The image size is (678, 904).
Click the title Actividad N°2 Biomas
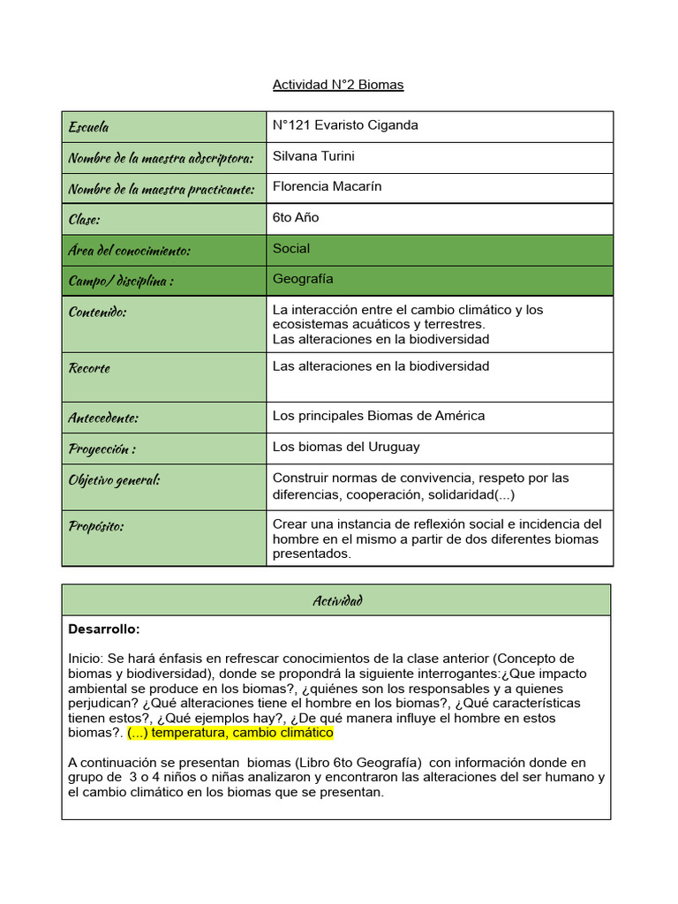(x=338, y=85)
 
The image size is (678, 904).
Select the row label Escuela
(x=89, y=127)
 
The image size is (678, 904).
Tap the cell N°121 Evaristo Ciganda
(x=345, y=125)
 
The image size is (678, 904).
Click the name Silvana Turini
(x=313, y=156)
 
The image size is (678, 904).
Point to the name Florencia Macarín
(x=327, y=186)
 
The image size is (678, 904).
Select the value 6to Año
(x=296, y=217)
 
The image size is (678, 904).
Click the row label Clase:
(x=85, y=219)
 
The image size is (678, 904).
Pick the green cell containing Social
(x=439, y=249)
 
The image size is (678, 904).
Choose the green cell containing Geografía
(x=439, y=279)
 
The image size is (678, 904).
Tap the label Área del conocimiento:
(x=129, y=251)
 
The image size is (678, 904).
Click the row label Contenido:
(x=97, y=312)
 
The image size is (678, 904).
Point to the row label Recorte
(x=89, y=368)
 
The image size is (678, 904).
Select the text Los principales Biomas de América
(x=379, y=416)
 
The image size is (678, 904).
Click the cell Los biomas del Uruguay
(x=346, y=447)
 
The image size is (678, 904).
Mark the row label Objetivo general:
(x=114, y=480)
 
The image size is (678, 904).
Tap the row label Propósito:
(x=96, y=527)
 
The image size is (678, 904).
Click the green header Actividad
(x=336, y=600)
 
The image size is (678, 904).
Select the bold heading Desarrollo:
(x=104, y=629)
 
